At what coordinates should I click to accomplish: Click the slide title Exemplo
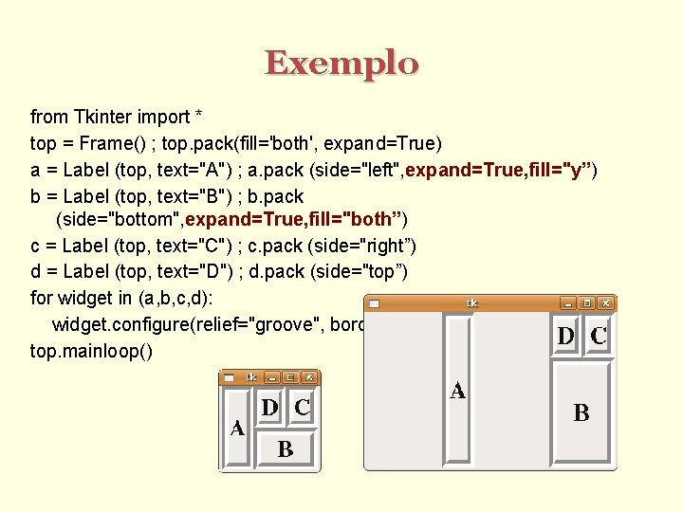pyautogui.click(x=341, y=64)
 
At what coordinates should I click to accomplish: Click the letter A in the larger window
pyautogui.click(x=458, y=391)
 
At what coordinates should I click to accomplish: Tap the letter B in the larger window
pyautogui.click(x=581, y=412)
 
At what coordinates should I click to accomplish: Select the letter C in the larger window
pyautogui.click(x=599, y=336)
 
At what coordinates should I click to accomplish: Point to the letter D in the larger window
pyautogui.click(x=566, y=336)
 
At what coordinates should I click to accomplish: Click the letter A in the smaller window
pyautogui.click(x=237, y=429)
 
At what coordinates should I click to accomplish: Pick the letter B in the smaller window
pyautogui.click(x=286, y=449)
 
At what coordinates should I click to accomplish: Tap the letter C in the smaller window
pyautogui.click(x=302, y=408)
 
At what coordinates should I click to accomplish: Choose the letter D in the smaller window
pyautogui.click(x=270, y=408)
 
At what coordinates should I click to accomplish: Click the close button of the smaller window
pyautogui.click(x=308, y=376)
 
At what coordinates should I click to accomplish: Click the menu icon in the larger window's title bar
pyautogui.click(x=374, y=303)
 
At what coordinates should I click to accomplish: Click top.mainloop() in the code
pyautogui.click(x=91, y=349)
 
